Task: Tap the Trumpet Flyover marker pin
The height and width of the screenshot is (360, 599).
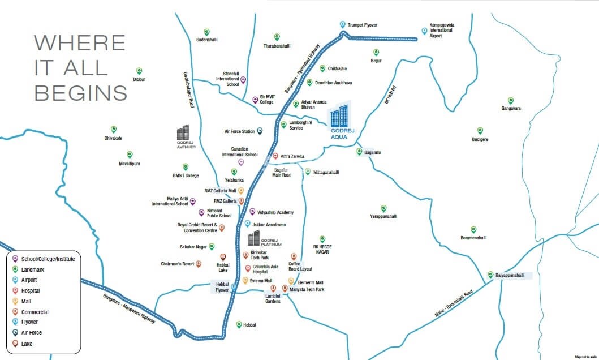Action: tap(342, 24)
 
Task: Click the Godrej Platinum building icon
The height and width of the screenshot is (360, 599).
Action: tap(254, 238)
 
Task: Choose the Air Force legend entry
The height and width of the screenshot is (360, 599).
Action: tap(31, 333)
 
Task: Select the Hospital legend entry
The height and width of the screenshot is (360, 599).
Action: tap(31, 290)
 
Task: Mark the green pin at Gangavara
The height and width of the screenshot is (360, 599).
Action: tap(510, 100)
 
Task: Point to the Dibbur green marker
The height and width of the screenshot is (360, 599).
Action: tap(139, 71)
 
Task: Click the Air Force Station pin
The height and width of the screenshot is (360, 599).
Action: tap(260, 131)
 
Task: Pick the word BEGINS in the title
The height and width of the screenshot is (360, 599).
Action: tap(81, 92)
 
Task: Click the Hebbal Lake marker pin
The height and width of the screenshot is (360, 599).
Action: tap(223, 257)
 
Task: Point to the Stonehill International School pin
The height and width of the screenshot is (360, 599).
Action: tap(243, 80)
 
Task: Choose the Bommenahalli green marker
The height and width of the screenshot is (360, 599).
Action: tap(473, 228)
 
